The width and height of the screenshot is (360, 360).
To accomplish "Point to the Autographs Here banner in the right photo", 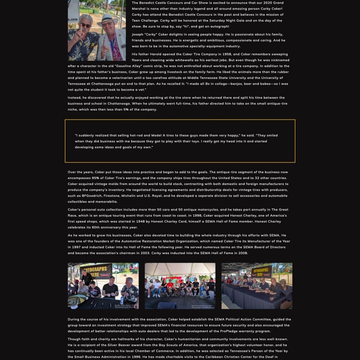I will pos(261,272).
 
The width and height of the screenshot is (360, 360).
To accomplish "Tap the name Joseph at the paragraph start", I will pos(138,34).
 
